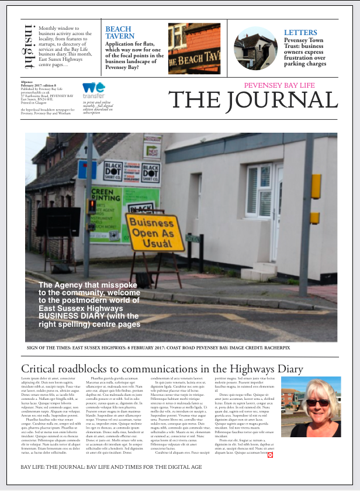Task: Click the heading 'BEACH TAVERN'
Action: pyautogui.click(x=119, y=32)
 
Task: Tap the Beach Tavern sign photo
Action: pyautogui.click(x=194, y=49)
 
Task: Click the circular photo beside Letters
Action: pyautogui.click(x=255, y=49)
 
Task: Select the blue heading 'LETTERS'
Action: pyautogui.click(x=300, y=33)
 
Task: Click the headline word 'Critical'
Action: pyautogui.click(x=41, y=369)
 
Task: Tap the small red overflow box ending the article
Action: pyautogui.click(x=270, y=454)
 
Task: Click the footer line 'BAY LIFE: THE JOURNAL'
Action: pyautogui.click(x=111, y=467)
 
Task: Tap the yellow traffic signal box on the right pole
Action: pyautogui.click(x=316, y=186)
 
